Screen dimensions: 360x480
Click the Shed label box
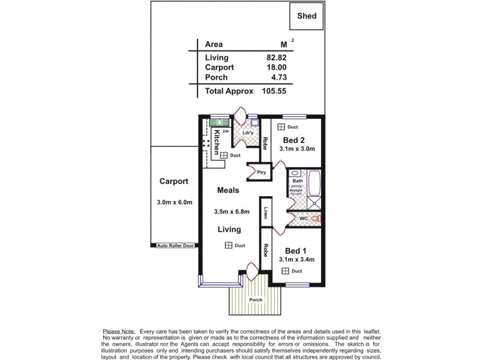(x=311, y=17)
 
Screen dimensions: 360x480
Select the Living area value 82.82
(x=277, y=58)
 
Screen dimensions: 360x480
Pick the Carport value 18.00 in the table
(x=277, y=68)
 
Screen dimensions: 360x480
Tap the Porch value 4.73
(x=280, y=78)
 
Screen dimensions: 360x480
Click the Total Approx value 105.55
(x=275, y=92)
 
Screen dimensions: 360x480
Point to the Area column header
(x=214, y=44)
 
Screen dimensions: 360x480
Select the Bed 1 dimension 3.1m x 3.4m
(x=296, y=259)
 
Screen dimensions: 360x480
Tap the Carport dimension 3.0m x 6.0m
(x=174, y=202)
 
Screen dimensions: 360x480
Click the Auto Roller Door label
(x=175, y=245)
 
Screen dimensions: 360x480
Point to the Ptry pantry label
(x=261, y=172)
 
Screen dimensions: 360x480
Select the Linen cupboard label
(x=265, y=214)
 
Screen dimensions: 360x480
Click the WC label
(x=304, y=218)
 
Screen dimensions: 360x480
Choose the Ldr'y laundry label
(x=247, y=133)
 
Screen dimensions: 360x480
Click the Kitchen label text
(x=217, y=143)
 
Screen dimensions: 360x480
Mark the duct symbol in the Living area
(x=229, y=245)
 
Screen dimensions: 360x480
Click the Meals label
(x=228, y=190)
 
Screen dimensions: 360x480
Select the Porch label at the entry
(x=256, y=299)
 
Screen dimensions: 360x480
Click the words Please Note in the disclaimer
(x=119, y=331)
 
